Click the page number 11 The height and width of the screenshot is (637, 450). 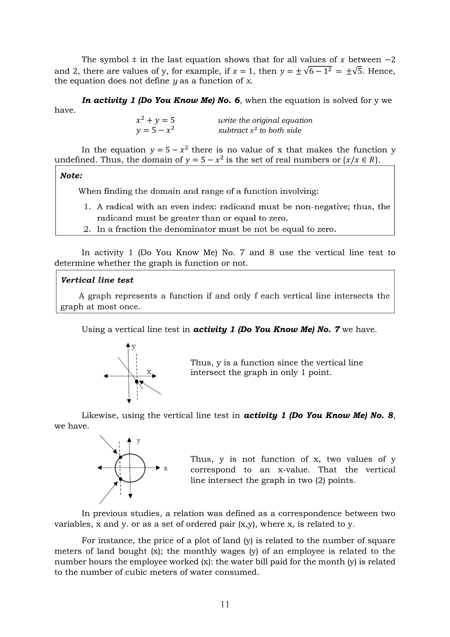[x=225, y=604]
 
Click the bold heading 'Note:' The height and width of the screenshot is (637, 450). [x=71, y=176]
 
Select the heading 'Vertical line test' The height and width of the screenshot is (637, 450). [x=97, y=280]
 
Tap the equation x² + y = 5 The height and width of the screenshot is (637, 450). [x=155, y=120]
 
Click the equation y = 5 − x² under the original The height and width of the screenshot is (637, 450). [x=155, y=130]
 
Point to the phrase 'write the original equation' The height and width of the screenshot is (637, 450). [x=265, y=120]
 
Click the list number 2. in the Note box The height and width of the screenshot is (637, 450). [x=87, y=229]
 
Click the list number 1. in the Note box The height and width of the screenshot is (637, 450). [x=87, y=207]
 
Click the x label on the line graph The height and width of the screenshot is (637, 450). [x=149, y=372]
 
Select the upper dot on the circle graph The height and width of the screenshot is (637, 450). [x=120, y=457]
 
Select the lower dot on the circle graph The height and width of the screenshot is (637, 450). [x=120, y=479]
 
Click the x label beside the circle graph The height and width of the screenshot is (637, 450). [x=165, y=468]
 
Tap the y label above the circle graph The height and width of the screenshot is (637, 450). [x=138, y=441]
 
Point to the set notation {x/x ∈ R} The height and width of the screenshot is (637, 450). [x=361, y=160]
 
